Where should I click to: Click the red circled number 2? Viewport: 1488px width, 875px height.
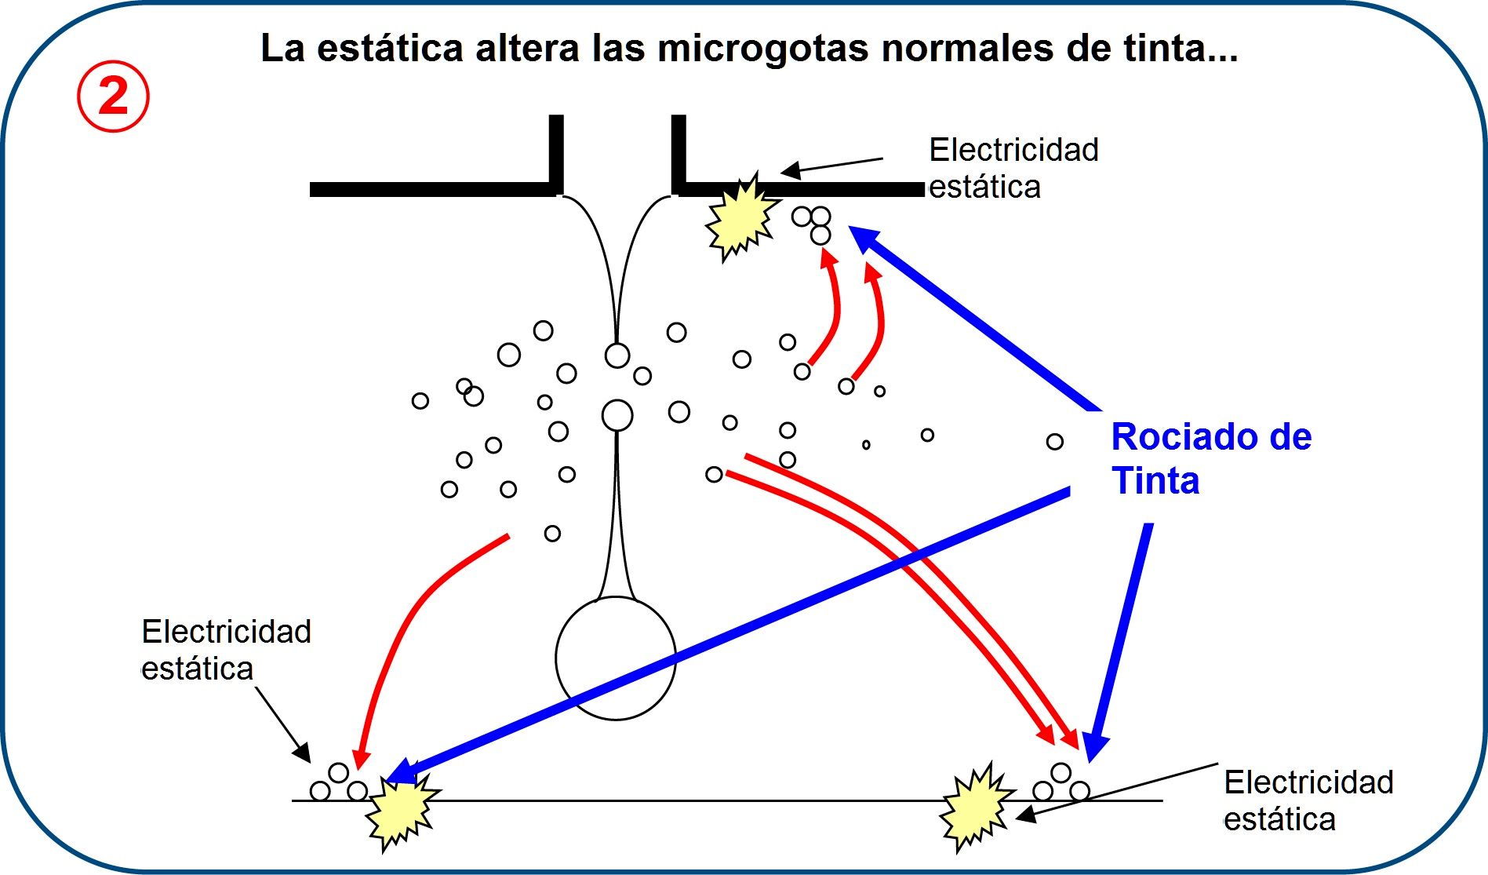click(x=113, y=97)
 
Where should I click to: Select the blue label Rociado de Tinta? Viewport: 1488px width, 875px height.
click(x=1210, y=458)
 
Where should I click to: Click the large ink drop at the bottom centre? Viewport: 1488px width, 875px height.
click(x=616, y=658)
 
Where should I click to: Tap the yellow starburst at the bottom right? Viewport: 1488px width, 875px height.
click(x=976, y=808)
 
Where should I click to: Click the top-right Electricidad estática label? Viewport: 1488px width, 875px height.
click(x=1013, y=168)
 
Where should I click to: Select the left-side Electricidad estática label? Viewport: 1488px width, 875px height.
click(x=226, y=650)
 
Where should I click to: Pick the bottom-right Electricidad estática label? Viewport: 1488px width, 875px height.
click(x=1308, y=800)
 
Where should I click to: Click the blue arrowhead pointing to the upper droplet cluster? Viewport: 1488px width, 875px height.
click(x=867, y=239)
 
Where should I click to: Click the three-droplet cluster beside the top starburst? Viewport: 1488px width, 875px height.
click(x=812, y=223)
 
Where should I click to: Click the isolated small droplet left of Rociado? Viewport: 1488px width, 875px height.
click(x=1054, y=442)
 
